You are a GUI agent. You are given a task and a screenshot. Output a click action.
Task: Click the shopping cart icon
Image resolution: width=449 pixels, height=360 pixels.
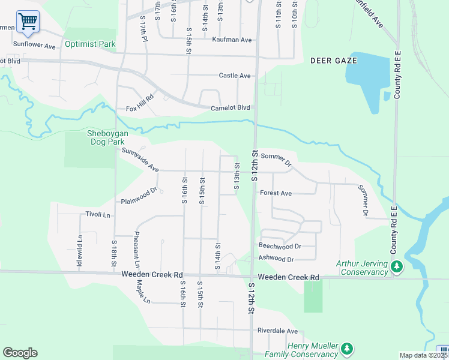[x=28, y=22]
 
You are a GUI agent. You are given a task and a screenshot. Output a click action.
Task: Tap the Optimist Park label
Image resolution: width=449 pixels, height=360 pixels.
[x=89, y=44]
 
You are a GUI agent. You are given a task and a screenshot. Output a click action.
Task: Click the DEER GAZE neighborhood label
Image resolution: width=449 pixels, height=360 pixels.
[x=334, y=61]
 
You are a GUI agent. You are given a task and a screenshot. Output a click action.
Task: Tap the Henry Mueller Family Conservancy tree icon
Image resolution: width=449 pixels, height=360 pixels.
[x=346, y=348]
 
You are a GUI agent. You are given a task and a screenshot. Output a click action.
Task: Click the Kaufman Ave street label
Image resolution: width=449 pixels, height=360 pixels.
[x=232, y=40]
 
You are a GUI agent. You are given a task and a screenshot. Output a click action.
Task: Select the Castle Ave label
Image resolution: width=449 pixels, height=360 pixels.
[x=235, y=76]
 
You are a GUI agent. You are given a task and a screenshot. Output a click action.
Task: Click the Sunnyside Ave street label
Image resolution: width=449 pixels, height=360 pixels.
[x=140, y=160]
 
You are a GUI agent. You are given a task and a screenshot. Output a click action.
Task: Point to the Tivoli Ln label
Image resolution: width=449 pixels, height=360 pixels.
[x=98, y=214]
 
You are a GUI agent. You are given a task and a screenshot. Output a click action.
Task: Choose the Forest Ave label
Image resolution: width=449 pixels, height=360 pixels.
[x=276, y=193]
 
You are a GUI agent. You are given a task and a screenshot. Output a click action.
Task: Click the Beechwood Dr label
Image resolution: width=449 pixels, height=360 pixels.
[x=279, y=246]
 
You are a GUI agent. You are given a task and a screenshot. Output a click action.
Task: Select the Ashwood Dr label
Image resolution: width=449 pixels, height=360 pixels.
[x=276, y=259]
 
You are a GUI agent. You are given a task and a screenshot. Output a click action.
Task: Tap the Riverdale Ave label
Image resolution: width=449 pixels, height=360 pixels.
[x=277, y=331]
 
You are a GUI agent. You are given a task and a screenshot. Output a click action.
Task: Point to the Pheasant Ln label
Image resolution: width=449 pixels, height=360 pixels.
[x=137, y=249]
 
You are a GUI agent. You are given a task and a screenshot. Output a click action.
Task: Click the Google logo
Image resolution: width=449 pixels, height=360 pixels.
[x=20, y=353]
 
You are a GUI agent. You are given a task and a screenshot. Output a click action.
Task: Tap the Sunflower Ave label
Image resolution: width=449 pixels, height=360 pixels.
[x=34, y=45]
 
